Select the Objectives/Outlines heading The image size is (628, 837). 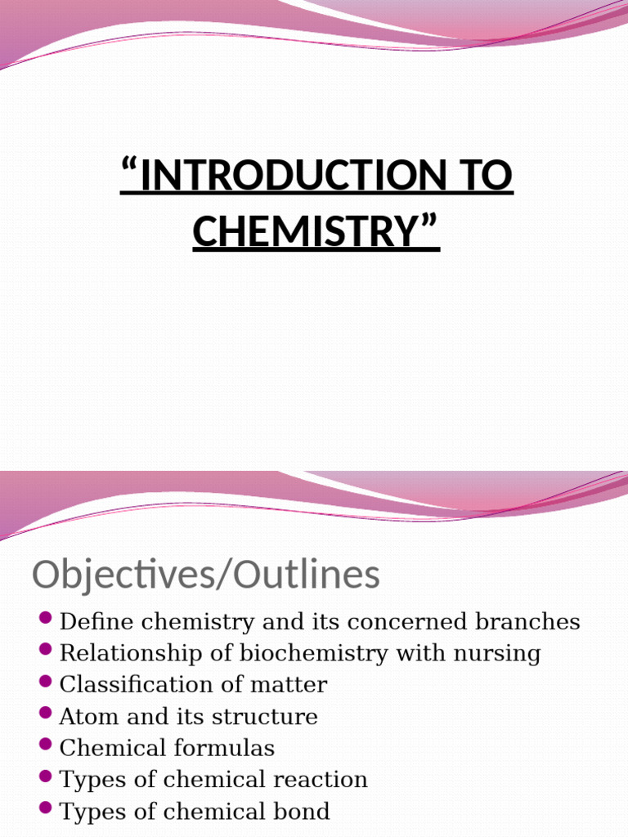pos(206,575)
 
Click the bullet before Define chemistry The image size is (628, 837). pos(46,617)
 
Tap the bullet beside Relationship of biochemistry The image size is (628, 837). pos(46,649)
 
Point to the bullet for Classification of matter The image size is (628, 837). pos(46,680)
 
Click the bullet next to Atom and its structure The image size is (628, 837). pos(46,712)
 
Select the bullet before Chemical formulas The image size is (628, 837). pos(46,743)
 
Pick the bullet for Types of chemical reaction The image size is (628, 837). pos(46,775)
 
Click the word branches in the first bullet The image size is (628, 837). pos(531,622)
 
